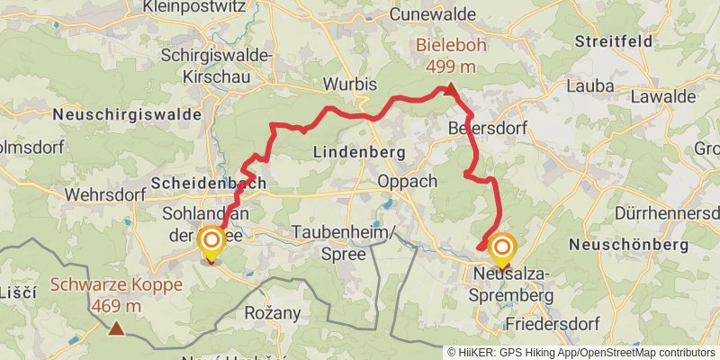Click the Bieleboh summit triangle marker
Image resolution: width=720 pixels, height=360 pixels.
point(449,88)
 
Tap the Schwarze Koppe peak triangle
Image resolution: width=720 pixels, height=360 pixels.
point(116,328)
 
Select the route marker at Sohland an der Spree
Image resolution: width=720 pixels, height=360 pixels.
point(211,242)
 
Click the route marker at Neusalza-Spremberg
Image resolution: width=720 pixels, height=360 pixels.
point(501,247)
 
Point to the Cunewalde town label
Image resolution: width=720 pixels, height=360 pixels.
point(435,14)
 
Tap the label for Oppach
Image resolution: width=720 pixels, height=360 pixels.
point(408,181)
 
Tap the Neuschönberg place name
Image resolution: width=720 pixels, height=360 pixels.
point(629,245)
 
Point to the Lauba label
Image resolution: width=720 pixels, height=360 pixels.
point(589,86)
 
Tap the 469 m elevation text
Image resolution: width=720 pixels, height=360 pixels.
point(116,307)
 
